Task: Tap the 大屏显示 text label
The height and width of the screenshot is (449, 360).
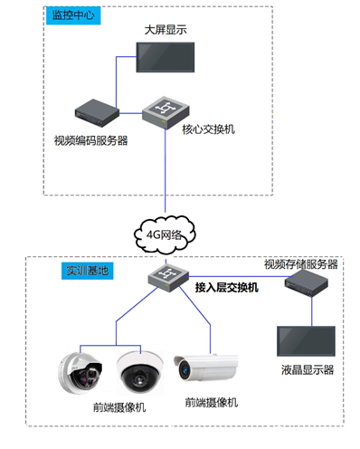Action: [164, 30]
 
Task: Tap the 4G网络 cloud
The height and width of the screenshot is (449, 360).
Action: [166, 232]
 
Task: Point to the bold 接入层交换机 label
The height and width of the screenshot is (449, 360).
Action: [228, 287]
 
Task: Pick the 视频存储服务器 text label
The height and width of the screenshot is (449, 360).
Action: [300, 264]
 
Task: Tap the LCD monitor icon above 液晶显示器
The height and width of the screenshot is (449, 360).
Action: [308, 342]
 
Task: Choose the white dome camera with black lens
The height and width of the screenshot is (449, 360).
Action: [138, 370]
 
